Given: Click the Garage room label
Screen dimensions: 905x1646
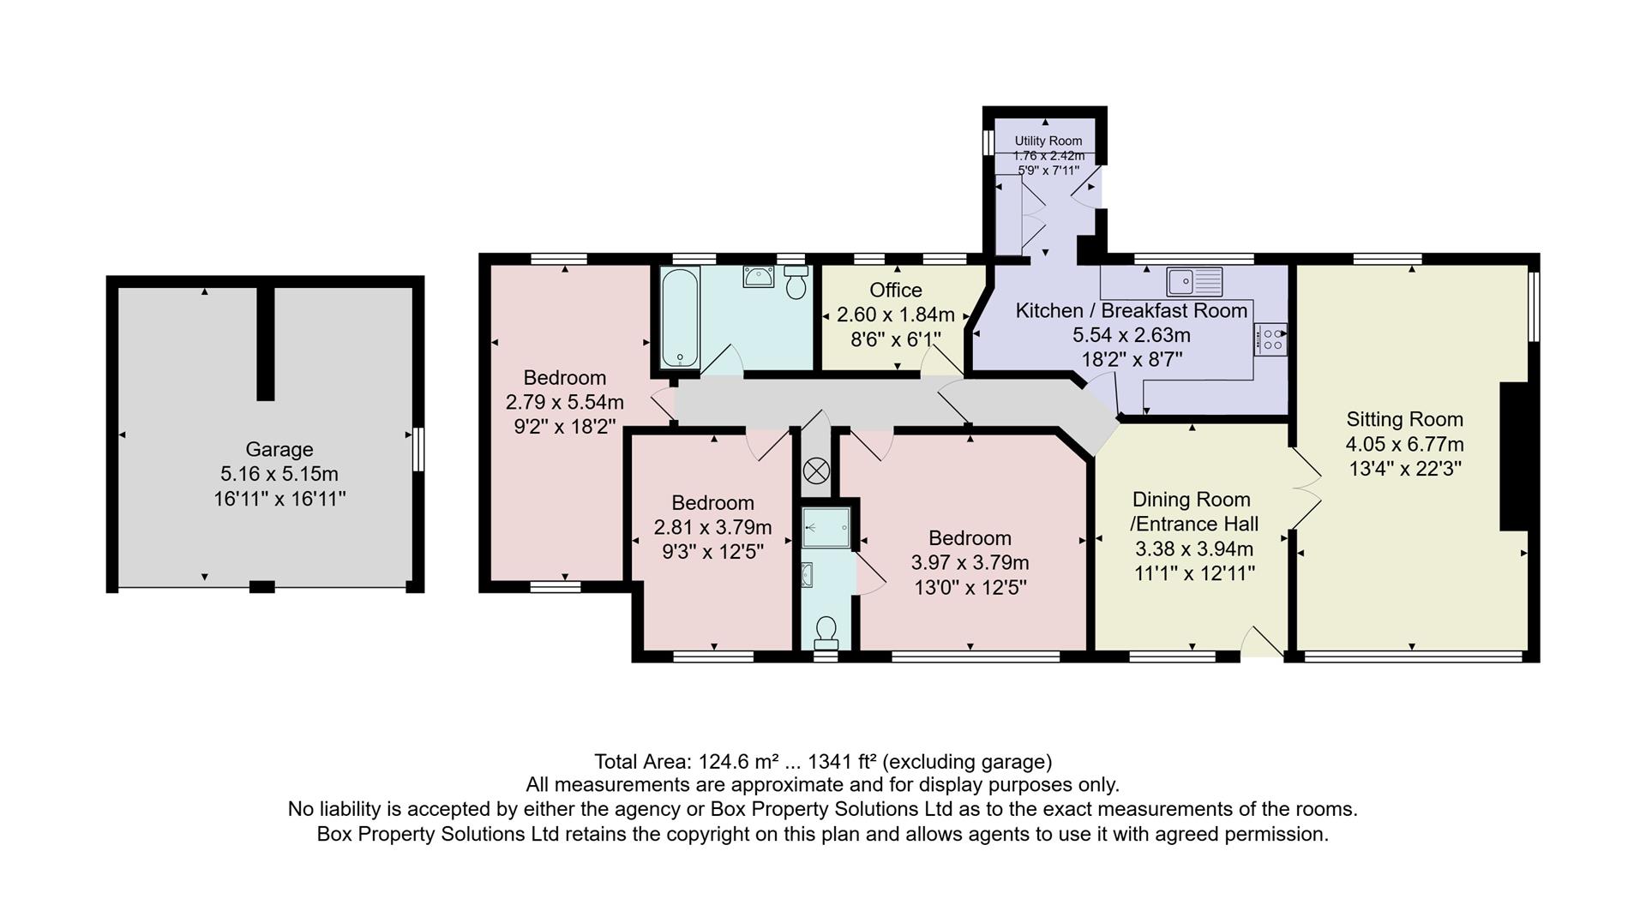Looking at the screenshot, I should pyautogui.click(x=279, y=449).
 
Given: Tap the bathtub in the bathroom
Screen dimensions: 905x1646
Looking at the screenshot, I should pyautogui.click(x=680, y=317).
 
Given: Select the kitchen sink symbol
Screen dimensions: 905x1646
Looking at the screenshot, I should pyautogui.click(x=1193, y=280).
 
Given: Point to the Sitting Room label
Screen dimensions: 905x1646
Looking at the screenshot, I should pyautogui.click(x=1404, y=419).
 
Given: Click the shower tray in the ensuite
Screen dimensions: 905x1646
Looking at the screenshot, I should pyautogui.click(x=826, y=526).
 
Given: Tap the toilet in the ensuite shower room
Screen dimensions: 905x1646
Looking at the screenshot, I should pyautogui.click(x=826, y=632).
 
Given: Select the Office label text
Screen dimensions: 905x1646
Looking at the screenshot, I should pyautogui.click(x=896, y=290).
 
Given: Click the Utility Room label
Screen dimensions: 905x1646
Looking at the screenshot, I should pyautogui.click(x=1048, y=141).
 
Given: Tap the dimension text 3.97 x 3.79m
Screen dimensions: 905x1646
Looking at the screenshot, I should pyautogui.click(x=970, y=562).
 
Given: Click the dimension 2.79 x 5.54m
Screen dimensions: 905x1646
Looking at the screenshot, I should pyautogui.click(x=564, y=401).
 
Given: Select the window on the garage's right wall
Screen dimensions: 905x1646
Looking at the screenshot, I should pyautogui.click(x=418, y=448).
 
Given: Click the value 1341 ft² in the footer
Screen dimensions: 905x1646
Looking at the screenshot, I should pyautogui.click(x=842, y=761).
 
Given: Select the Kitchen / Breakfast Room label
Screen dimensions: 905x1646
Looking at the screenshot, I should pyautogui.click(x=1131, y=310).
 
